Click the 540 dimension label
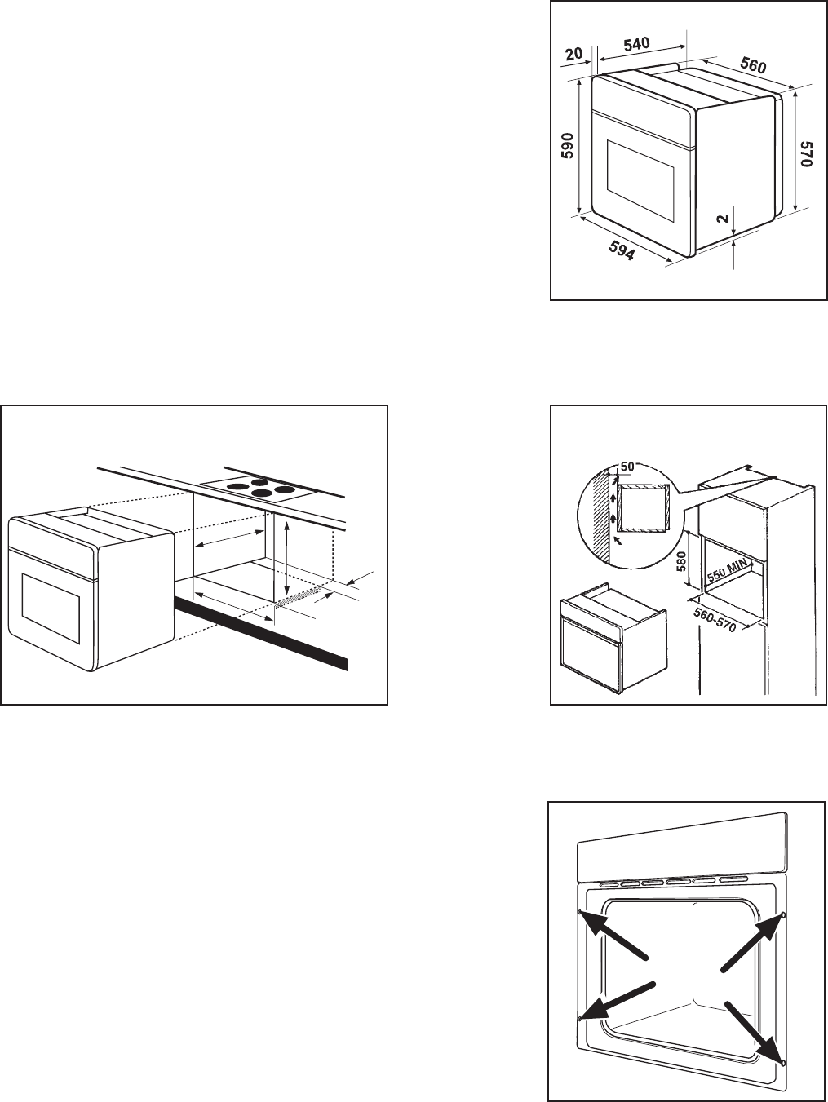point(636,45)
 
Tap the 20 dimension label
point(574,54)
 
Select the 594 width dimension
point(622,250)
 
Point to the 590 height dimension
point(568,145)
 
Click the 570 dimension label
point(807,154)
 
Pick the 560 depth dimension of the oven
point(753,65)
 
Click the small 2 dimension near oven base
point(723,219)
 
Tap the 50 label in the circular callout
point(627,467)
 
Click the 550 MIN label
point(728,570)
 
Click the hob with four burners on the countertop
point(259,489)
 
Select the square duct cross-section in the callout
point(644,508)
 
